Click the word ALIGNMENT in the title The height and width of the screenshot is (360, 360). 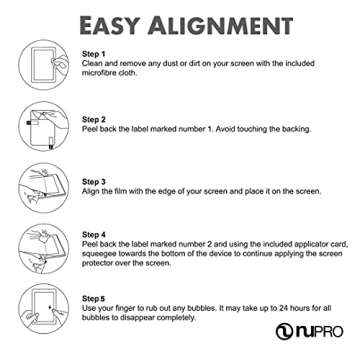[x=221, y=22]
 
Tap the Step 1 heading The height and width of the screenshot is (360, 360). [x=93, y=52]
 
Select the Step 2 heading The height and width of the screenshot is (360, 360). [x=93, y=119]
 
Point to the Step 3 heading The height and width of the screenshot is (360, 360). [x=93, y=183]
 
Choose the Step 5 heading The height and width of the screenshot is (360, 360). [x=93, y=298]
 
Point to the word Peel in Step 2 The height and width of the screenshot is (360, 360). [x=90, y=130]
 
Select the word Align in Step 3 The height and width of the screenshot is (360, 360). [x=91, y=194]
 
